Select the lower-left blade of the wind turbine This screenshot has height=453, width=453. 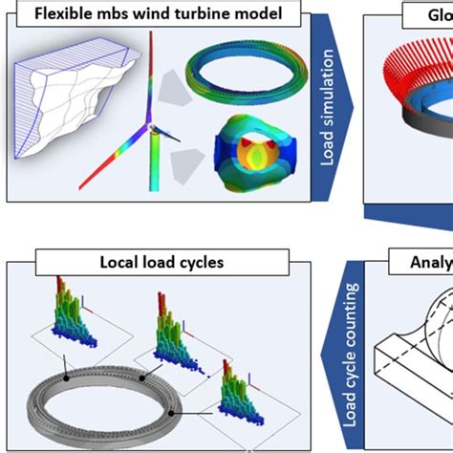click(x=111, y=158)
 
